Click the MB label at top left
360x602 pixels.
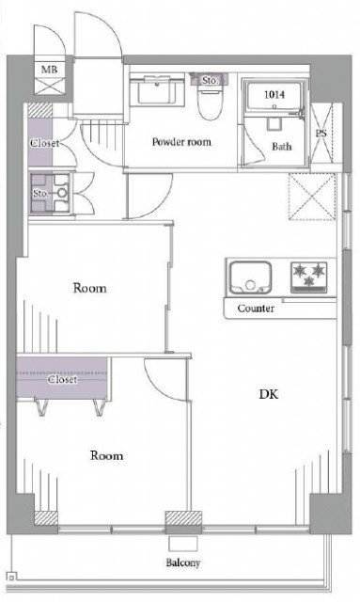(49, 70)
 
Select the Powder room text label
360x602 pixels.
(181, 142)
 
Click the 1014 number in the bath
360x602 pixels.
(274, 94)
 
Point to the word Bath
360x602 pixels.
(282, 147)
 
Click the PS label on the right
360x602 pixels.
(321, 134)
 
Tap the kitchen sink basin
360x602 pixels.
(250, 278)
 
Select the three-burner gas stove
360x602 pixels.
(309, 277)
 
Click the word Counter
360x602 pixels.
(256, 309)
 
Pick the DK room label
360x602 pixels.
(269, 394)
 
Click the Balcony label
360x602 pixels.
(183, 563)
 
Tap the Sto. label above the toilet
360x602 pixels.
(210, 81)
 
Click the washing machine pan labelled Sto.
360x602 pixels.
(50, 193)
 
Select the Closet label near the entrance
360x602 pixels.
(44, 143)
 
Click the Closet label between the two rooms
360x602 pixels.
(62, 379)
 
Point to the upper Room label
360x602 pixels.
(90, 288)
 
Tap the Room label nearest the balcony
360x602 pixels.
(107, 455)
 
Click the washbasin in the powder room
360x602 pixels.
(157, 90)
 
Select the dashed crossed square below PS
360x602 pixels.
(312, 197)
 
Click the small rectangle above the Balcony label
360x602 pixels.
(183, 544)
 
